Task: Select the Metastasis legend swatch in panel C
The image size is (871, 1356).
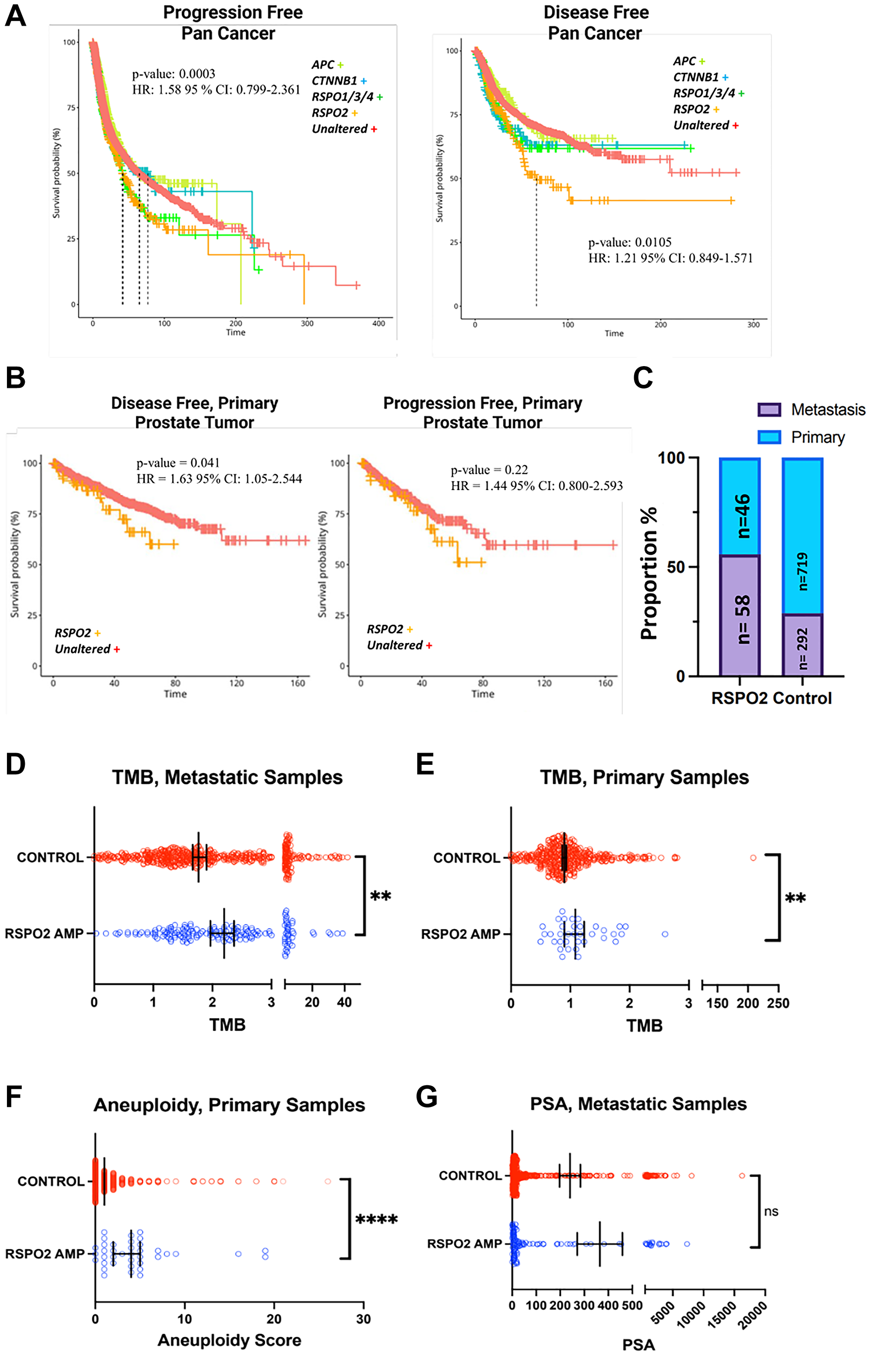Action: pyautogui.click(x=769, y=410)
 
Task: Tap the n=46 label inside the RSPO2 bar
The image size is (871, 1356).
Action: pyautogui.click(x=742, y=515)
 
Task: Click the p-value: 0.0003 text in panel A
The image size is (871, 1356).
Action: pyautogui.click(x=174, y=74)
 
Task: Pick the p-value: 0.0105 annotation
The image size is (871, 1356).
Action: pyautogui.click(x=629, y=242)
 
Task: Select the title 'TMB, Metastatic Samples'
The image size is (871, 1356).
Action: pyautogui.click(x=227, y=777)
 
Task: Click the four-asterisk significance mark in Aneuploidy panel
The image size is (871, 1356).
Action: pyautogui.click(x=376, y=1220)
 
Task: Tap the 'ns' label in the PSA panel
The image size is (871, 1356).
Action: pyautogui.click(x=771, y=1211)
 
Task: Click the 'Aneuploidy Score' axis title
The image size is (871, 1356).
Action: pyautogui.click(x=229, y=1340)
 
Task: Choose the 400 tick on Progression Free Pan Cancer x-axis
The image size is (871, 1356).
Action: pyautogui.click(x=378, y=323)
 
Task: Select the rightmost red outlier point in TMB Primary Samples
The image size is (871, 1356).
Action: pyautogui.click(x=753, y=858)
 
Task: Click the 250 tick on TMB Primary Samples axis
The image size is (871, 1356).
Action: pyautogui.click(x=778, y=1003)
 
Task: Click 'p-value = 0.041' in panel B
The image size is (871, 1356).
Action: pyautogui.click(x=178, y=463)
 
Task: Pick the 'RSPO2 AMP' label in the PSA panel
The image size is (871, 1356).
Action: pyautogui.click(x=464, y=1244)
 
